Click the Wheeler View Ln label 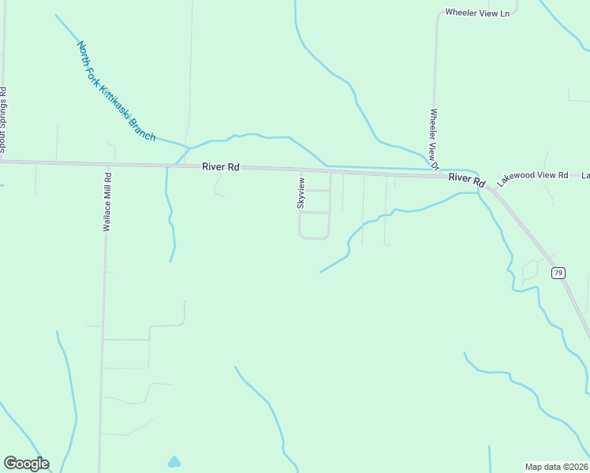[x=477, y=13]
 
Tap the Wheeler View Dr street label [x=434, y=139]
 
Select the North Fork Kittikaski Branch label [x=117, y=91]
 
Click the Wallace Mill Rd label [x=107, y=201]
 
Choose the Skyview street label [x=301, y=193]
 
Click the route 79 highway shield [x=558, y=273]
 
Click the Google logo [x=26, y=464]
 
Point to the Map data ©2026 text [x=556, y=466]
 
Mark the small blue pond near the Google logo [x=174, y=461]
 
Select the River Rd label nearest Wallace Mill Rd [x=220, y=167]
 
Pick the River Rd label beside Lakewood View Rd [x=466, y=179]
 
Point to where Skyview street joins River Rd [x=301, y=170]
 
